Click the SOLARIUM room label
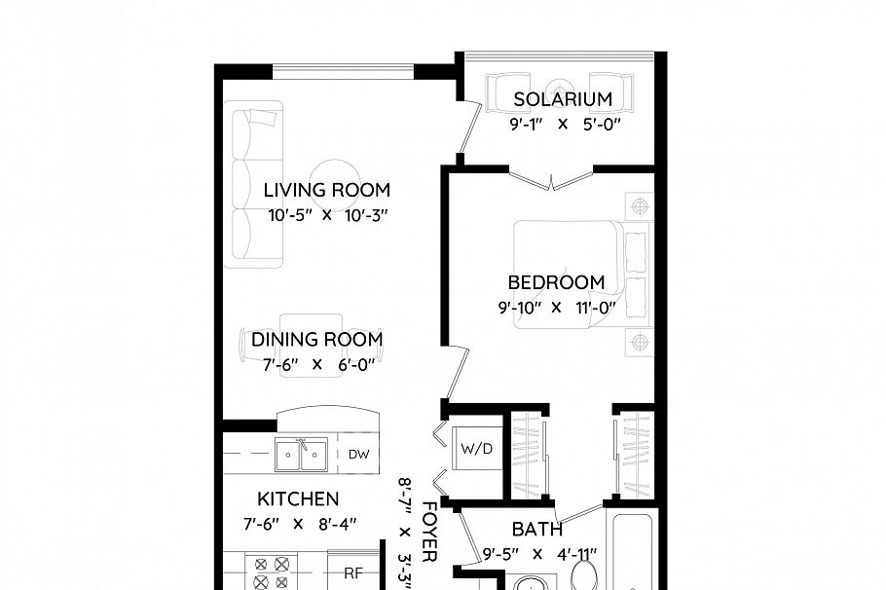563,99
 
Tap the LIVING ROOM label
326,190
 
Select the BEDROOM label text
556,282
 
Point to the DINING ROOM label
316,340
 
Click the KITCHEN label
298,499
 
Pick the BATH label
536,530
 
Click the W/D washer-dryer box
476,448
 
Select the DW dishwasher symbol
357,454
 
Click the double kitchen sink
300,454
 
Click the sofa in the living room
253,184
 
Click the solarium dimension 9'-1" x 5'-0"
565,125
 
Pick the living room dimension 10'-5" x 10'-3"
328,215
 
